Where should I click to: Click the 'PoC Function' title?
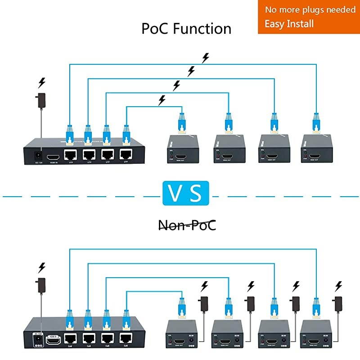(x=186, y=29)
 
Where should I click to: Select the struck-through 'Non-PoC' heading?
(x=186, y=225)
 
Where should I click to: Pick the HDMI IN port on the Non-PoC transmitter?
(x=53, y=340)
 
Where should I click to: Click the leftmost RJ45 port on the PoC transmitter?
(x=70, y=154)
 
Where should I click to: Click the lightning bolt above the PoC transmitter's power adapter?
(x=42, y=83)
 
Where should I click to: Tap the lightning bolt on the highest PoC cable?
(x=206, y=58)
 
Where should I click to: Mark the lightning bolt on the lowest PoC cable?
(x=162, y=99)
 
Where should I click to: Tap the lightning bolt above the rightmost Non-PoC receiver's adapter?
(x=339, y=286)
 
